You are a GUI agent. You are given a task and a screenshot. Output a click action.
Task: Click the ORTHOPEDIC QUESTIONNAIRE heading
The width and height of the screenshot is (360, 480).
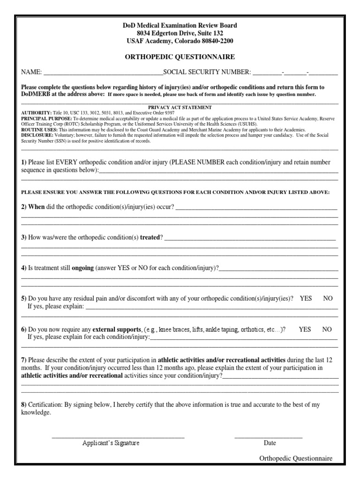coord(180,57)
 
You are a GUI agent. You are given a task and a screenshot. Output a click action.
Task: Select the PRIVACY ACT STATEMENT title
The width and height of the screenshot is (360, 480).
coord(180,107)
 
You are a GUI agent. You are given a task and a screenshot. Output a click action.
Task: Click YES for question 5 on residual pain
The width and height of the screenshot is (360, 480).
coord(306,298)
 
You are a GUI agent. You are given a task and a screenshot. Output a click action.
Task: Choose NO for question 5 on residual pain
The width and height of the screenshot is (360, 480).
coord(328,298)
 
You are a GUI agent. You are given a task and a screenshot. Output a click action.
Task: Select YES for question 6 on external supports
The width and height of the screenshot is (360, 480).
coord(305,329)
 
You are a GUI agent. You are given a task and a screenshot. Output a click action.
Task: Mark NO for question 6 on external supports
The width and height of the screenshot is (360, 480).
coord(327,329)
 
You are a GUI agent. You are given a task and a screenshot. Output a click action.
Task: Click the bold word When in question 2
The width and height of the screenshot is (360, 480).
coord(37,207)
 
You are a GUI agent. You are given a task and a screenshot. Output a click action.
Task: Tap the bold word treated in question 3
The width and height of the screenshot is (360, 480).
coord(150,238)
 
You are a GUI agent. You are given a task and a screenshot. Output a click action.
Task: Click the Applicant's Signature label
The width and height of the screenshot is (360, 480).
coord(111,443)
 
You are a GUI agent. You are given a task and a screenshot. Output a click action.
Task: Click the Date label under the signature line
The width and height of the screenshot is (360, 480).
coord(270,443)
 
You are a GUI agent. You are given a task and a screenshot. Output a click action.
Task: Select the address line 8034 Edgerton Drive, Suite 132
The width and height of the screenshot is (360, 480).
coord(180,33)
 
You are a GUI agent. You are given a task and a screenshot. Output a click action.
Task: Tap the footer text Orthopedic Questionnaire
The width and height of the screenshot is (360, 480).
coord(296,458)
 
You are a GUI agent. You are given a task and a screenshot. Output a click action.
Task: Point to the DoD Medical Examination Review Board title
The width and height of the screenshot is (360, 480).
coord(180,25)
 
